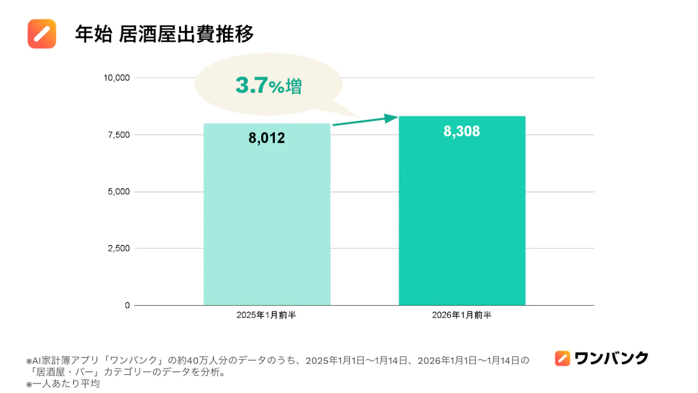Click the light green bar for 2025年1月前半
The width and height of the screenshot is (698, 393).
pos(267,214)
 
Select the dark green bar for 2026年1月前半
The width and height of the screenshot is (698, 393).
pos(462,210)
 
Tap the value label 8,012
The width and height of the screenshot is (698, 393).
pos(267,138)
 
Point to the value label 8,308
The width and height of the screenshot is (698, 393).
pos(461,131)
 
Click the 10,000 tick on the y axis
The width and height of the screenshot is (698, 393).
pos(117,78)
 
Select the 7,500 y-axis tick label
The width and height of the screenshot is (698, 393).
pos(119,135)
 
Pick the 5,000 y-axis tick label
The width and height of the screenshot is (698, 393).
pos(119,191)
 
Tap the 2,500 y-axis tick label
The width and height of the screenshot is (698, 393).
pos(119,249)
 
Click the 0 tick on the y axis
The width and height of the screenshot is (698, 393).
pos(127,305)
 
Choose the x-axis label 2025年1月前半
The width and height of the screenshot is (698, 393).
pos(267,315)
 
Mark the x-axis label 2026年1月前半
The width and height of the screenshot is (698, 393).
pos(462,315)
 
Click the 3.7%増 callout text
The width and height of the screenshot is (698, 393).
pos(269,86)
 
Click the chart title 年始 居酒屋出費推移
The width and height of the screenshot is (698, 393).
pos(164,34)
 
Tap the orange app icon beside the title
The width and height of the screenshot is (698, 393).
pos(42,34)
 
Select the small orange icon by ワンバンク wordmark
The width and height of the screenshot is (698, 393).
pos(562,359)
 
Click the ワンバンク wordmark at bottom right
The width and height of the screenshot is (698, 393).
pos(611,359)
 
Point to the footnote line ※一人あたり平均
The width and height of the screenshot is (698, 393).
pos(63,384)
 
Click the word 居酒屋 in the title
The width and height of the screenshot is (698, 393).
pos(147,34)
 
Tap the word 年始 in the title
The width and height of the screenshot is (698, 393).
pos(94,34)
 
